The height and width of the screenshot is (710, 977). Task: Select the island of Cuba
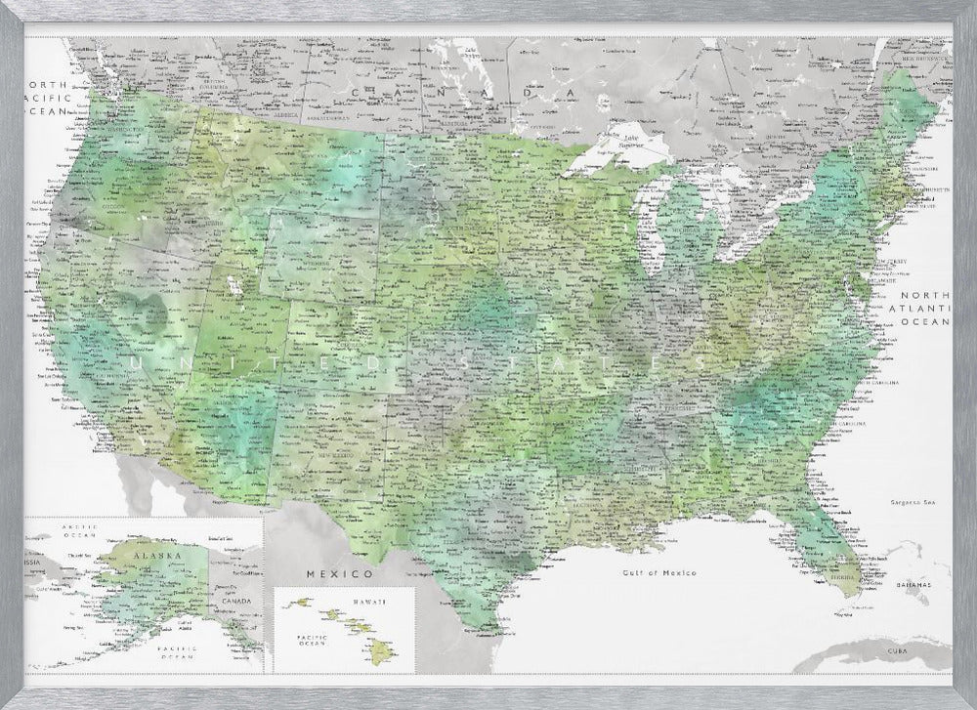(x=879, y=656)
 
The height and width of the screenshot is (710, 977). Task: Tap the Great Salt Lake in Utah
(x=232, y=285)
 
